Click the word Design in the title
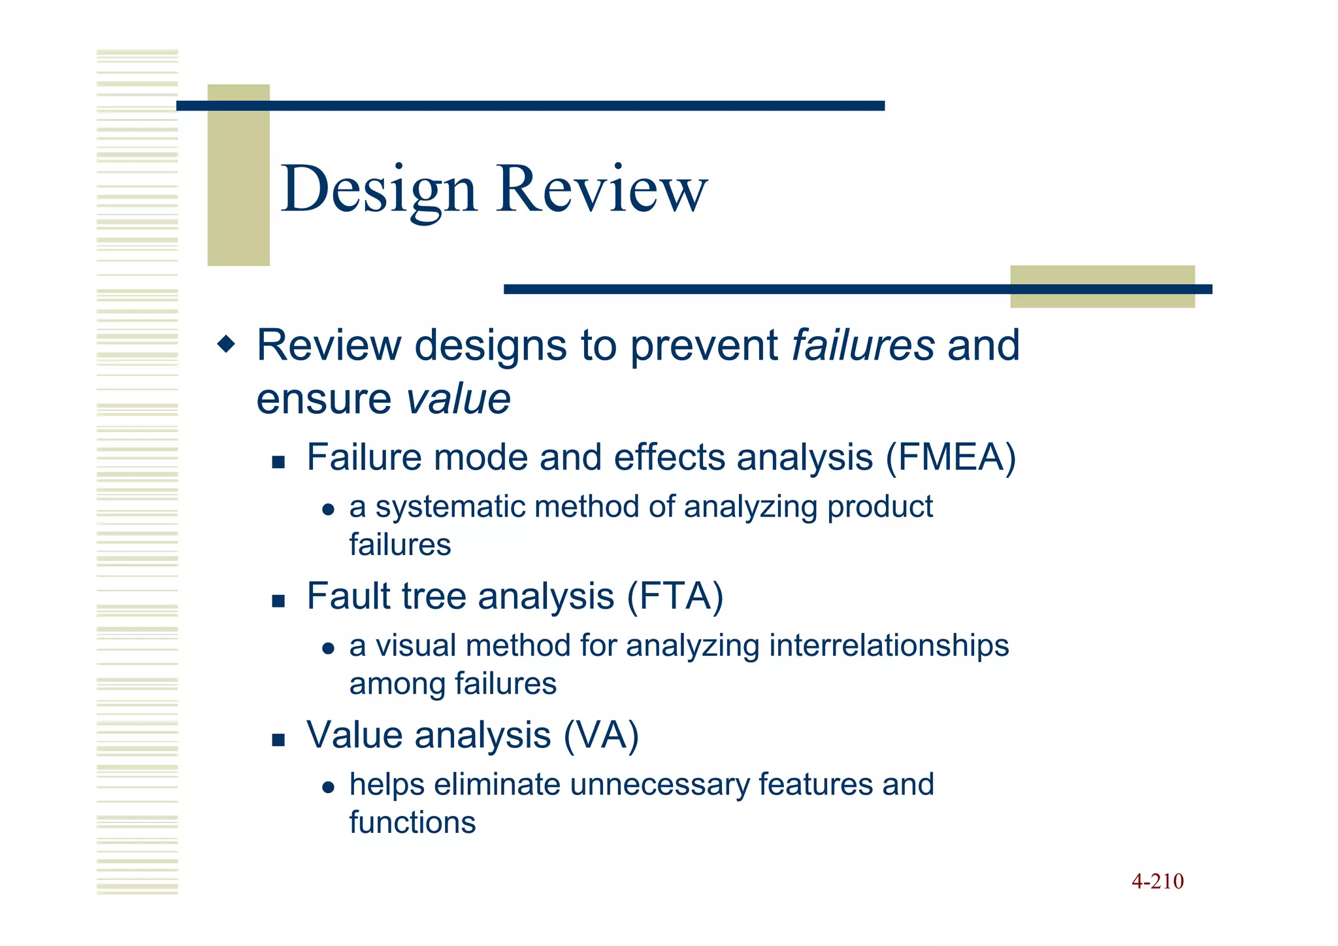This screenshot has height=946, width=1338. (378, 190)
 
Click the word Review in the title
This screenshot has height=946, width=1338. (602, 190)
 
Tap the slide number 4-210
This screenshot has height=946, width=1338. (1157, 881)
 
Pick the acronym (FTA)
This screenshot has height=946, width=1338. (675, 596)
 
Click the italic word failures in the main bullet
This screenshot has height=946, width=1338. (862, 345)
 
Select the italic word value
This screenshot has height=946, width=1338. (458, 399)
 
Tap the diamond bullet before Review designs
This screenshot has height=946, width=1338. (226, 344)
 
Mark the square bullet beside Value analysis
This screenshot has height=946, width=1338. (279, 740)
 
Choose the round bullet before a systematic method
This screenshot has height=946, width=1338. (329, 510)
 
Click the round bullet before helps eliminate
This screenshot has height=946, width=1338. (329, 787)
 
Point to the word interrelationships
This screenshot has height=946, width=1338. (889, 646)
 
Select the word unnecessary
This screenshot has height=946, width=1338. (660, 785)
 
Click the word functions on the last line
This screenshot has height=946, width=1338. (412, 822)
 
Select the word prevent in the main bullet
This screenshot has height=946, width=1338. (703, 345)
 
